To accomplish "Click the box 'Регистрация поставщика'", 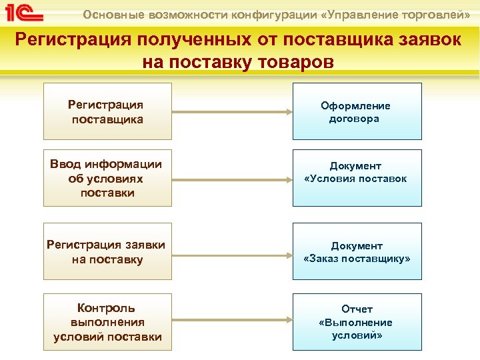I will point(107,111).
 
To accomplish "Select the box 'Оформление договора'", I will point(357,111).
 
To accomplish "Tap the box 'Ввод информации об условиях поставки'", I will point(107,178).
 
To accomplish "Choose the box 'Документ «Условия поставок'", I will point(357,178).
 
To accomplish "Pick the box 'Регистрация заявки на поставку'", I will point(107,251).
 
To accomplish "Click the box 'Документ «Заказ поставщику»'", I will point(357,251).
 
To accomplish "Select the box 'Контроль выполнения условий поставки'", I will point(107,321).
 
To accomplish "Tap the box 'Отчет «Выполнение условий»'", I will point(357,321).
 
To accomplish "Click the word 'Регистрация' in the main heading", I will point(72,40).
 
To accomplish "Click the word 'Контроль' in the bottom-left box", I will point(107,308).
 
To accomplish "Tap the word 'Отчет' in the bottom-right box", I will point(357,309).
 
